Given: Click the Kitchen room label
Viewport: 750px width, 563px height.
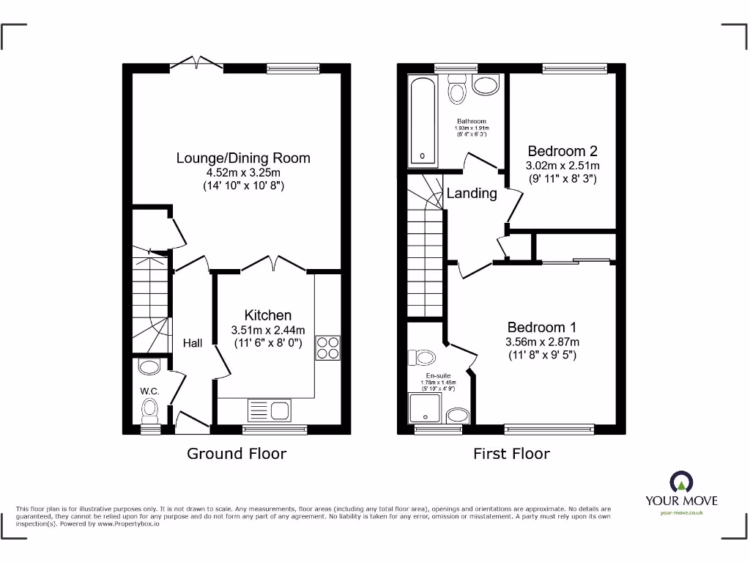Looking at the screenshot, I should click(268, 315).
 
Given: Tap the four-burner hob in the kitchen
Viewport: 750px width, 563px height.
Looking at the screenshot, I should click(327, 347).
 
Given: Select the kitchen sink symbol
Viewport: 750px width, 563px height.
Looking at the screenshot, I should click(270, 408).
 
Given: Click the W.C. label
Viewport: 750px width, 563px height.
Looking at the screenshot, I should click(149, 390).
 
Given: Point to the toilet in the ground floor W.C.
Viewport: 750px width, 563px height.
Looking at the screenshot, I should click(151, 408).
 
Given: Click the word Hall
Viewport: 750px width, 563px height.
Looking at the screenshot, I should click(193, 343).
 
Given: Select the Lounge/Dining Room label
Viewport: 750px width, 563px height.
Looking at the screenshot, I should click(243, 158).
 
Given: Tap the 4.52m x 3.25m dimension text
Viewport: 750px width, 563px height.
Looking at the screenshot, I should click(243, 172).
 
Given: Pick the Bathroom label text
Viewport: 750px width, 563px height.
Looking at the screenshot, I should click(471, 122).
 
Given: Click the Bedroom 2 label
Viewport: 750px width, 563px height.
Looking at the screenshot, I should click(562, 151).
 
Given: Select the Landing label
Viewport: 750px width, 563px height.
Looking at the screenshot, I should click(472, 194).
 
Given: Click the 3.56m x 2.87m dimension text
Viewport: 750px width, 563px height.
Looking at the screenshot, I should click(542, 342).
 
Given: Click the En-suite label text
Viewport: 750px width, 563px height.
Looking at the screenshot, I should click(438, 375).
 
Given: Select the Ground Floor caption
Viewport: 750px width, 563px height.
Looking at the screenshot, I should click(237, 454).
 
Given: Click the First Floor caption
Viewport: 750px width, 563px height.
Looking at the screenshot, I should click(511, 454).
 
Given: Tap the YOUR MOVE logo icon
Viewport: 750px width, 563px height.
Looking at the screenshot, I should click(681, 482).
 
